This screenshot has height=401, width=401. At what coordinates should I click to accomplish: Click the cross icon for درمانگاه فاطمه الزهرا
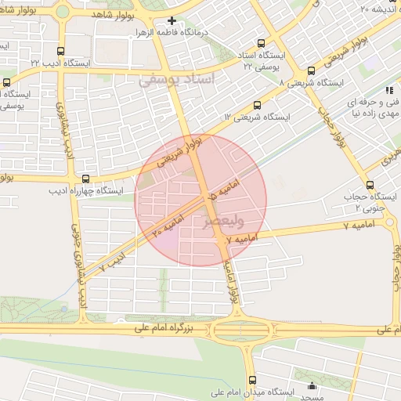click(x=172, y=21)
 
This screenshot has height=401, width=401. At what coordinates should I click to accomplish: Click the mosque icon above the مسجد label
click(x=313, y=385)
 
